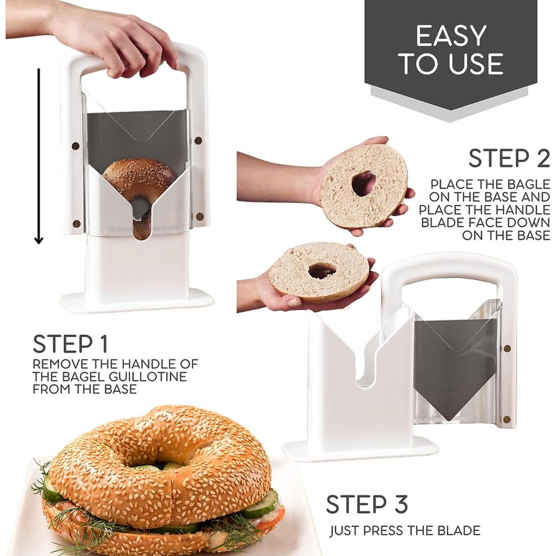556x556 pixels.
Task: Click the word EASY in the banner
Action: click(450, 35)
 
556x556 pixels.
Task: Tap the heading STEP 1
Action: click(70, 343)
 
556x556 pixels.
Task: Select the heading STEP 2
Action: click(509, 158)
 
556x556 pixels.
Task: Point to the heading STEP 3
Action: click(367, 504)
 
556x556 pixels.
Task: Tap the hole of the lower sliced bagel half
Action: click(322, 271)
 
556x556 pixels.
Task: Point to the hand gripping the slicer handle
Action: click(117, 39)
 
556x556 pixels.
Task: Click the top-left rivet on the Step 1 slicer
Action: click(76, 146)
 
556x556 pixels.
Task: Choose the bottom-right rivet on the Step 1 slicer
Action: click(200, 216)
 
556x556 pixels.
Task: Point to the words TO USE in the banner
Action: click(450, 64)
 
